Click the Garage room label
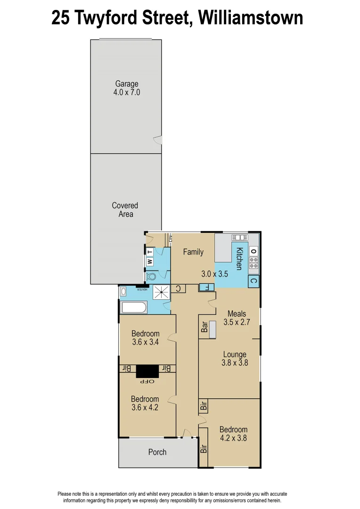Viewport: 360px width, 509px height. coord(127,84)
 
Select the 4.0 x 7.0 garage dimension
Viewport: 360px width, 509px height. coord(127,93)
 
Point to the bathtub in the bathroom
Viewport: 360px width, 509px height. coord(134,308)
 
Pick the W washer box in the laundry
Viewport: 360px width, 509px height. coord(150,261)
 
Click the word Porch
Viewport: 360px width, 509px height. coord(157,452)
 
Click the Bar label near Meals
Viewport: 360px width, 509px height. coord(205,327)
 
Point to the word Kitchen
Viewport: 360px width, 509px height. coord(239,258)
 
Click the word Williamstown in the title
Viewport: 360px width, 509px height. coord(250,18)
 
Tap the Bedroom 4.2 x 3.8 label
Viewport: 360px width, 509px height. coord(233,434)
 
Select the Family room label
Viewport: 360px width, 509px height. coord(193,252)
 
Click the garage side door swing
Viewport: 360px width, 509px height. coord(158,140)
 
